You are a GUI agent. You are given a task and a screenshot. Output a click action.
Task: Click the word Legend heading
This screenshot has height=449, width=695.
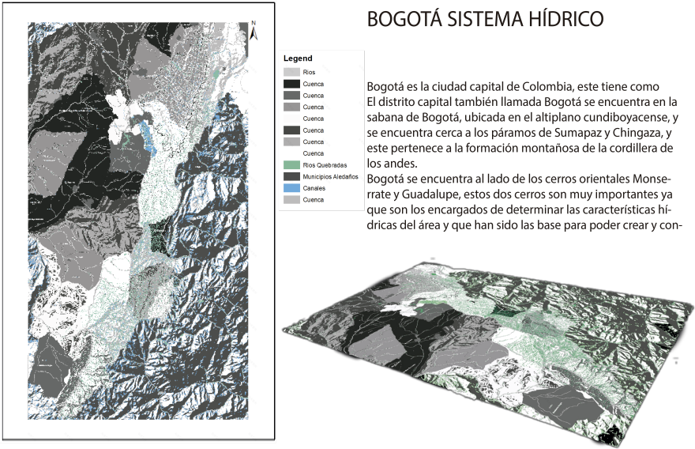pyautogui.click(x=299, y=58)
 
